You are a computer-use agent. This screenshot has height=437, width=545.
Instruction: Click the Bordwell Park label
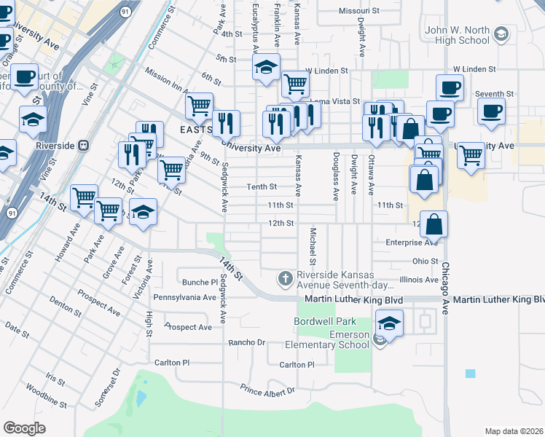click(x=325, y=321)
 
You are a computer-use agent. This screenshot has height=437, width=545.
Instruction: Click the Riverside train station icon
click(x=84, y=144)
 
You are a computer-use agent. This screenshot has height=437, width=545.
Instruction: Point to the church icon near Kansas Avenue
click(x=285, y=278)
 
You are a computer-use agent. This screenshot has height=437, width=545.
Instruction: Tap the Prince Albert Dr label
click(x=268, y=391)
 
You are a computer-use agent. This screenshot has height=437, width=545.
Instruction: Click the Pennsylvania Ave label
click(x=184, y=297)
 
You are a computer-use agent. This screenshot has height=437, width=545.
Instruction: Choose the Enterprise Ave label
click(x=412, y=242)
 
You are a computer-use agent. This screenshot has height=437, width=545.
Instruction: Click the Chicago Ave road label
click(x=444, y=284)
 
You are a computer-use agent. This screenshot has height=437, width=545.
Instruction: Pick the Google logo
click(x=25, y=428)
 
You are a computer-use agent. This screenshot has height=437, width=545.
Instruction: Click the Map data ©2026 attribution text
click(x=513, y=431)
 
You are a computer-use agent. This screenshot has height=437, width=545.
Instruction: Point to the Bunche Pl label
click(x=195, y=282)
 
